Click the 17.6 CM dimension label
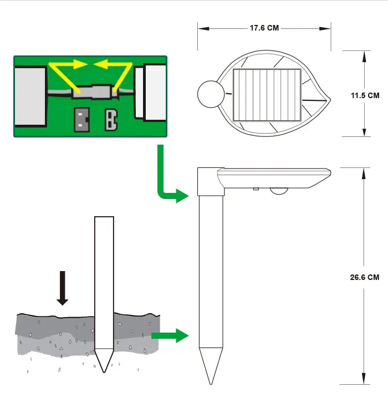tap(264, 28)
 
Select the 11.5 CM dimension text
tap(365, 95)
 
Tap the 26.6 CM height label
tap(365, 277)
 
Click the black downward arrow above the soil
tap(62, 288)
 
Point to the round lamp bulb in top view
tap(211, 94)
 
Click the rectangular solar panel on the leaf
tap(267, 95)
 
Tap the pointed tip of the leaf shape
tap(330, 100)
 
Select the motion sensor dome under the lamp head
tap(279, 191)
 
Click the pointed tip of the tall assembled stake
tap(211, 384)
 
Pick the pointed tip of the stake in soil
tap(104, 372)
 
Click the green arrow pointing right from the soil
tap(170, 335)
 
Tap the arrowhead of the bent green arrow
tap(182, 196)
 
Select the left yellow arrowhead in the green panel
tap(80, 64)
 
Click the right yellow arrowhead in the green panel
tap(100, 64)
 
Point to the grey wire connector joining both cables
tap(95, 91)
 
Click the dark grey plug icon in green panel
tap(81, 119)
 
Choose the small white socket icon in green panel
tap(111, 120)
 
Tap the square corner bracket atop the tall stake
tap(211, 182)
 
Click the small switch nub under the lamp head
tap(256, 189)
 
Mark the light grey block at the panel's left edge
tap(30, 96)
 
